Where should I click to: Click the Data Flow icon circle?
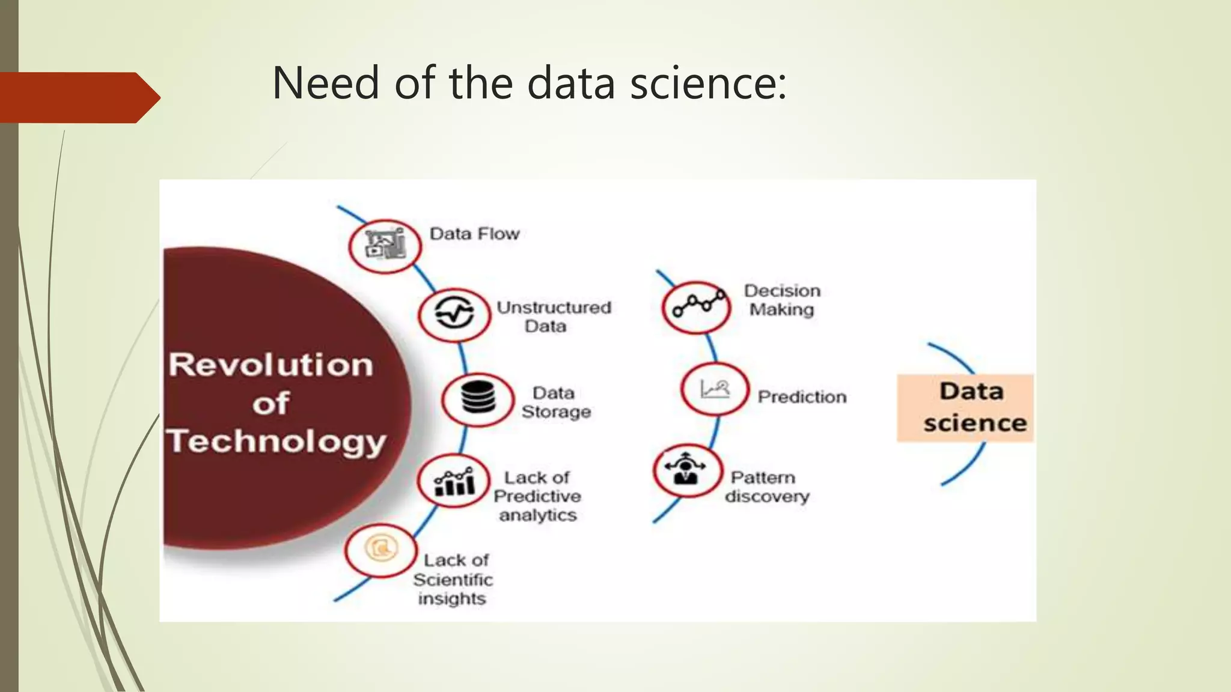tap(385, 246)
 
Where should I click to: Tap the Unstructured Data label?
tap(553, 317)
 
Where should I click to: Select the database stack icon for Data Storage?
tap(478, 399)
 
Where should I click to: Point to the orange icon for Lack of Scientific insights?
tap(380, 550)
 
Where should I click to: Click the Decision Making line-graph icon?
tap(697, 306)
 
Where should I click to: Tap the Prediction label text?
tap(802, 397)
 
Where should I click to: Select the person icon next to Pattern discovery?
tap(687, 470)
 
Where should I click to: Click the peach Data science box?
tap(965, 408)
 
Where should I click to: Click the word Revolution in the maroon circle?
tap(271, 365)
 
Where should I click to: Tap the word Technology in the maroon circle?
tap(276, 442)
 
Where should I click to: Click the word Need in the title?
tap(325, 83)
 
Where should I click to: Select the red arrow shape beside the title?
tap(78, 97)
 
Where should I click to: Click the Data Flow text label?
tap(474, 234)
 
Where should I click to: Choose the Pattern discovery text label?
tap(766, 487)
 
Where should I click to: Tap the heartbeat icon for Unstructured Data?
tap(454, 314)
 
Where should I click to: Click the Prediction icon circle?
tap(714, 389)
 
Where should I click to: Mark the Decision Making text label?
tap(782, 300)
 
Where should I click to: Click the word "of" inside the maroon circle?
tap(270, 404)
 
